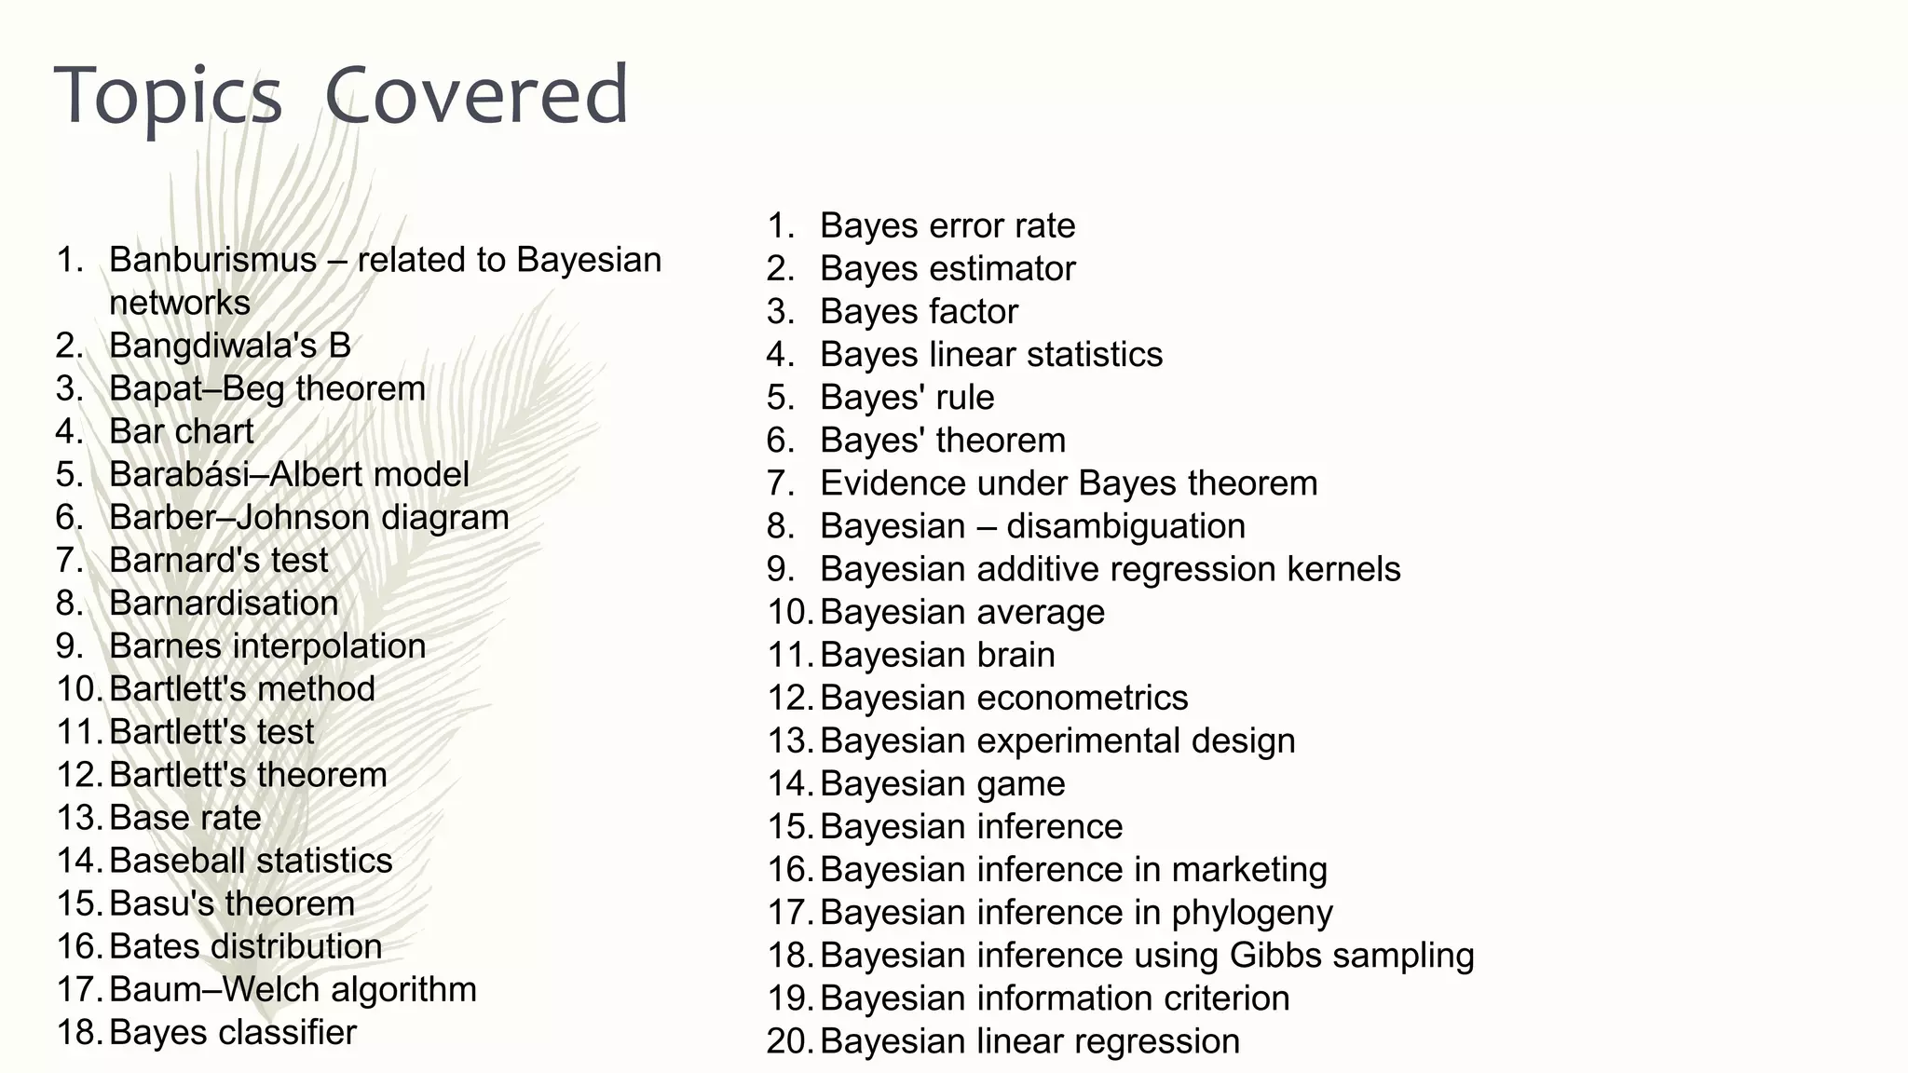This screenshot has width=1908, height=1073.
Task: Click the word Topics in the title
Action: pos(169,96)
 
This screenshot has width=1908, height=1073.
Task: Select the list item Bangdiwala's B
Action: pos(229,346)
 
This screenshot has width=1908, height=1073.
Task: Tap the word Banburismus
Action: pos(212,260)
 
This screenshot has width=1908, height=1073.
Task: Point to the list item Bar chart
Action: pos(181,431)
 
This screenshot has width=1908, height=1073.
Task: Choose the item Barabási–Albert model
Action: pos(289,474)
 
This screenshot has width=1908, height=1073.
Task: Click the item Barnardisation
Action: pos(224,603)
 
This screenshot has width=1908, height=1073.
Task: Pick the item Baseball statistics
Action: pos(251,861)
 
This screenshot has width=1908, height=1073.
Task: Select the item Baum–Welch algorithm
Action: pos(293,989)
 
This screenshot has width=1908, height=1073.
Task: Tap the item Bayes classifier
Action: pos(232,1032)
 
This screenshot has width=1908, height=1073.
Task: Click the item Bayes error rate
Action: pos(947,225)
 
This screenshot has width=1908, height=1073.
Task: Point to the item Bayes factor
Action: pos(919,311)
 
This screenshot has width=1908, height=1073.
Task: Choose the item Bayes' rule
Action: pos(906,397)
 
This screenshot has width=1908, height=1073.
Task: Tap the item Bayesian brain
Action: pos(937,655)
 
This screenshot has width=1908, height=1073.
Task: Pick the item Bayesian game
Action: pos(942,783)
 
